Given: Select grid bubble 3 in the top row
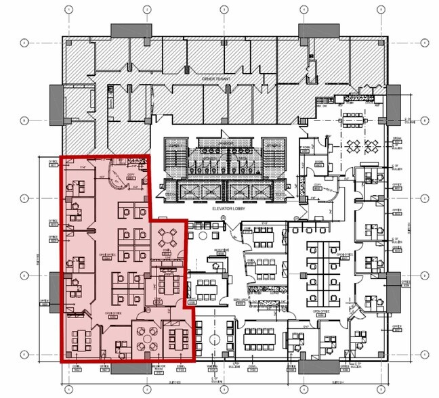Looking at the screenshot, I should pyautogui.click(x=224, y=9).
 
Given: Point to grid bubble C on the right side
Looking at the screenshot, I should pyautogui.click(x=424, y=198).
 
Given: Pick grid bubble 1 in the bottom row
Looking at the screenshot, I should pyautogui.click(x=67, y=391).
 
